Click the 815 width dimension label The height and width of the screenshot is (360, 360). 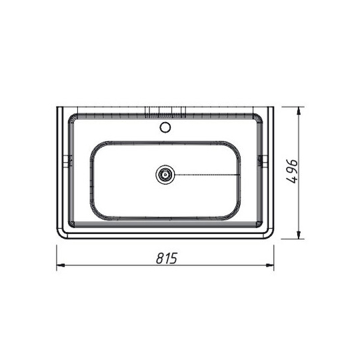(x=167, y=258)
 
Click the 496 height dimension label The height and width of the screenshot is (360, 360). (x=293, y=171)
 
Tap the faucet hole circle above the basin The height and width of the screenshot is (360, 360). (x=165, y=127)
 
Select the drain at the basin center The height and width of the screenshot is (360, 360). (x=165, y=175)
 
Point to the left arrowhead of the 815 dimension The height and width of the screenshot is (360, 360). (x=60, y=265)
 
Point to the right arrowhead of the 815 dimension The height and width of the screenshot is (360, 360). (x=270, y=265)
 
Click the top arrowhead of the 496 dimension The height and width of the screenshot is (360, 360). (x=299, y=111)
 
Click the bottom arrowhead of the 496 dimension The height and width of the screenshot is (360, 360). (x=299, y=235)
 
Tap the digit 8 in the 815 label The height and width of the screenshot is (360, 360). (x=160, y=258)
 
